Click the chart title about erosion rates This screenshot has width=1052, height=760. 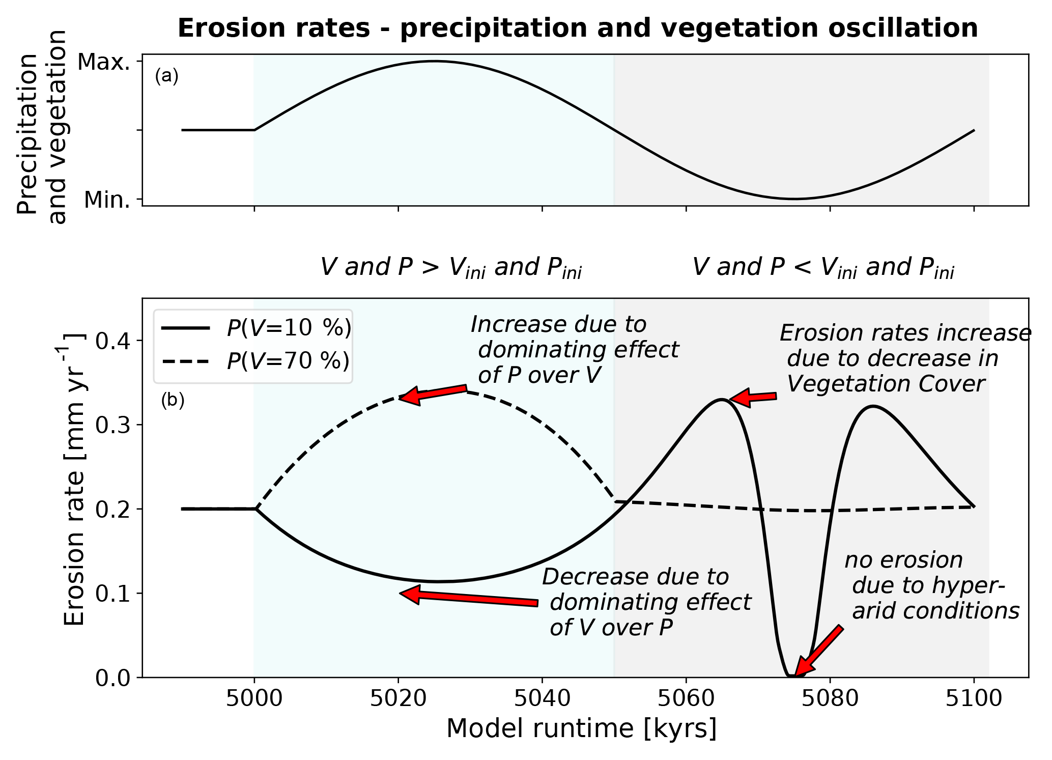point(577,29)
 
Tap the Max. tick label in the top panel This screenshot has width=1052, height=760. point(103,62)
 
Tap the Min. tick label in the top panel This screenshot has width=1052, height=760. point(106,200)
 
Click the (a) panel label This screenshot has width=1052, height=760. point(166,76)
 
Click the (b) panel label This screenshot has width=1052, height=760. point(173,401)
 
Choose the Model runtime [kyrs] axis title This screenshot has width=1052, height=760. point(581,728)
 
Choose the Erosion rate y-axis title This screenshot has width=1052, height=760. point(75,478)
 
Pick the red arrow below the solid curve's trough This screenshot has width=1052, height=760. point(468,598)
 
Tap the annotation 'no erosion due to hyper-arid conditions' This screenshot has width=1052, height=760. point(931,585)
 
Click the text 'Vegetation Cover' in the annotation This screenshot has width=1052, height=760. point(886,384)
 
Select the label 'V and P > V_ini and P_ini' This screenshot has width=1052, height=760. point(451,268)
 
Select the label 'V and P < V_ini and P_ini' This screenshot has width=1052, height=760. point(823,268)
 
